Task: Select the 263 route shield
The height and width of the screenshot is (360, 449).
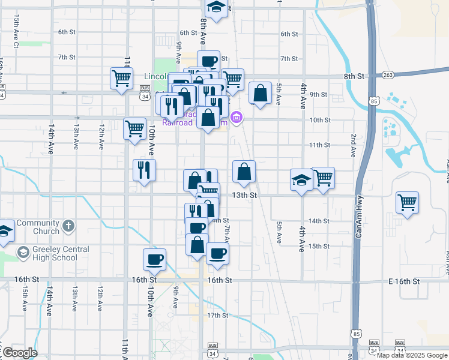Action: (388, 75)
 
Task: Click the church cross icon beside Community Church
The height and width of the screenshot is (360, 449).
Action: (69, 226)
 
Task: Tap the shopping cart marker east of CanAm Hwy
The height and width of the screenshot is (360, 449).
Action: (407, 202)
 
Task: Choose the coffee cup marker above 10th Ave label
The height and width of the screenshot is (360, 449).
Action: (154, 259)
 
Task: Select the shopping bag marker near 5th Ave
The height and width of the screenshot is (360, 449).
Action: (260, 94)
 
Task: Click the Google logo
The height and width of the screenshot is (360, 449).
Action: (20, 353)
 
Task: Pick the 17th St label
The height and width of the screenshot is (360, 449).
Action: (217, 315)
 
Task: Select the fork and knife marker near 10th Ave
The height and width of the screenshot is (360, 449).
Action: (144, 170)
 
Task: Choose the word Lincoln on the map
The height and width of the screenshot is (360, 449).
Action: (158, 76)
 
